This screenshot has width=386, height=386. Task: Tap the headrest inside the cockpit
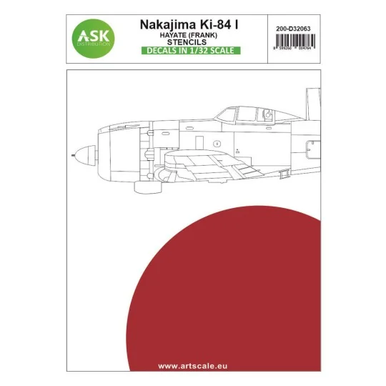click(267, 113)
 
